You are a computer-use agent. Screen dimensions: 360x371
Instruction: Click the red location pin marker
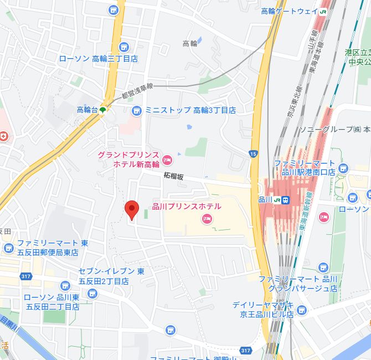131,210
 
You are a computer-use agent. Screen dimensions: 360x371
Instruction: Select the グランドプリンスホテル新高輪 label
128,160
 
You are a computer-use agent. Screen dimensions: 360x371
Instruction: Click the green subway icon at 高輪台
103,110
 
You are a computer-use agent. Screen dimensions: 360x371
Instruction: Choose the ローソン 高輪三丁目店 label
98,58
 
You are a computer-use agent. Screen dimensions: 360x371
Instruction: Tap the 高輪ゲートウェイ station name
288,11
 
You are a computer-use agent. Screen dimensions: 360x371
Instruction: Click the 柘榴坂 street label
173,175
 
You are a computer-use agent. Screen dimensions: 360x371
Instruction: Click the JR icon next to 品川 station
285,200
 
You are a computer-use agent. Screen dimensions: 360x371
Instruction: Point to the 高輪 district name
189,43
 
